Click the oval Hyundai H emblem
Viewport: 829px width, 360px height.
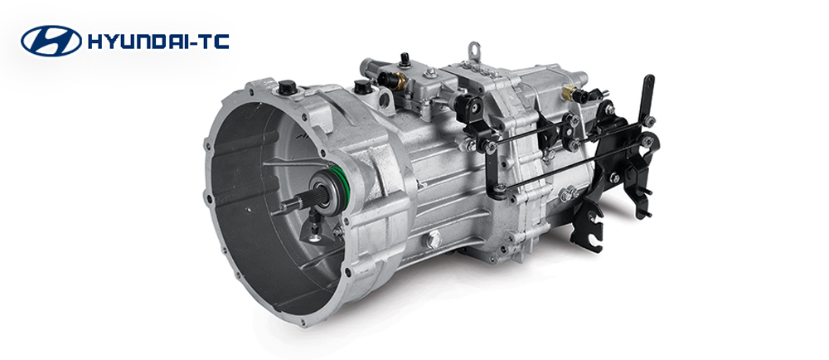51,41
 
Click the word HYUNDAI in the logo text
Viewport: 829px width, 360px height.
137,41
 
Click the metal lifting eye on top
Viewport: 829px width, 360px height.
474,51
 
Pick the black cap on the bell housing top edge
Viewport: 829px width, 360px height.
287,87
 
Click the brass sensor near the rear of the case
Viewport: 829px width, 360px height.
570,93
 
